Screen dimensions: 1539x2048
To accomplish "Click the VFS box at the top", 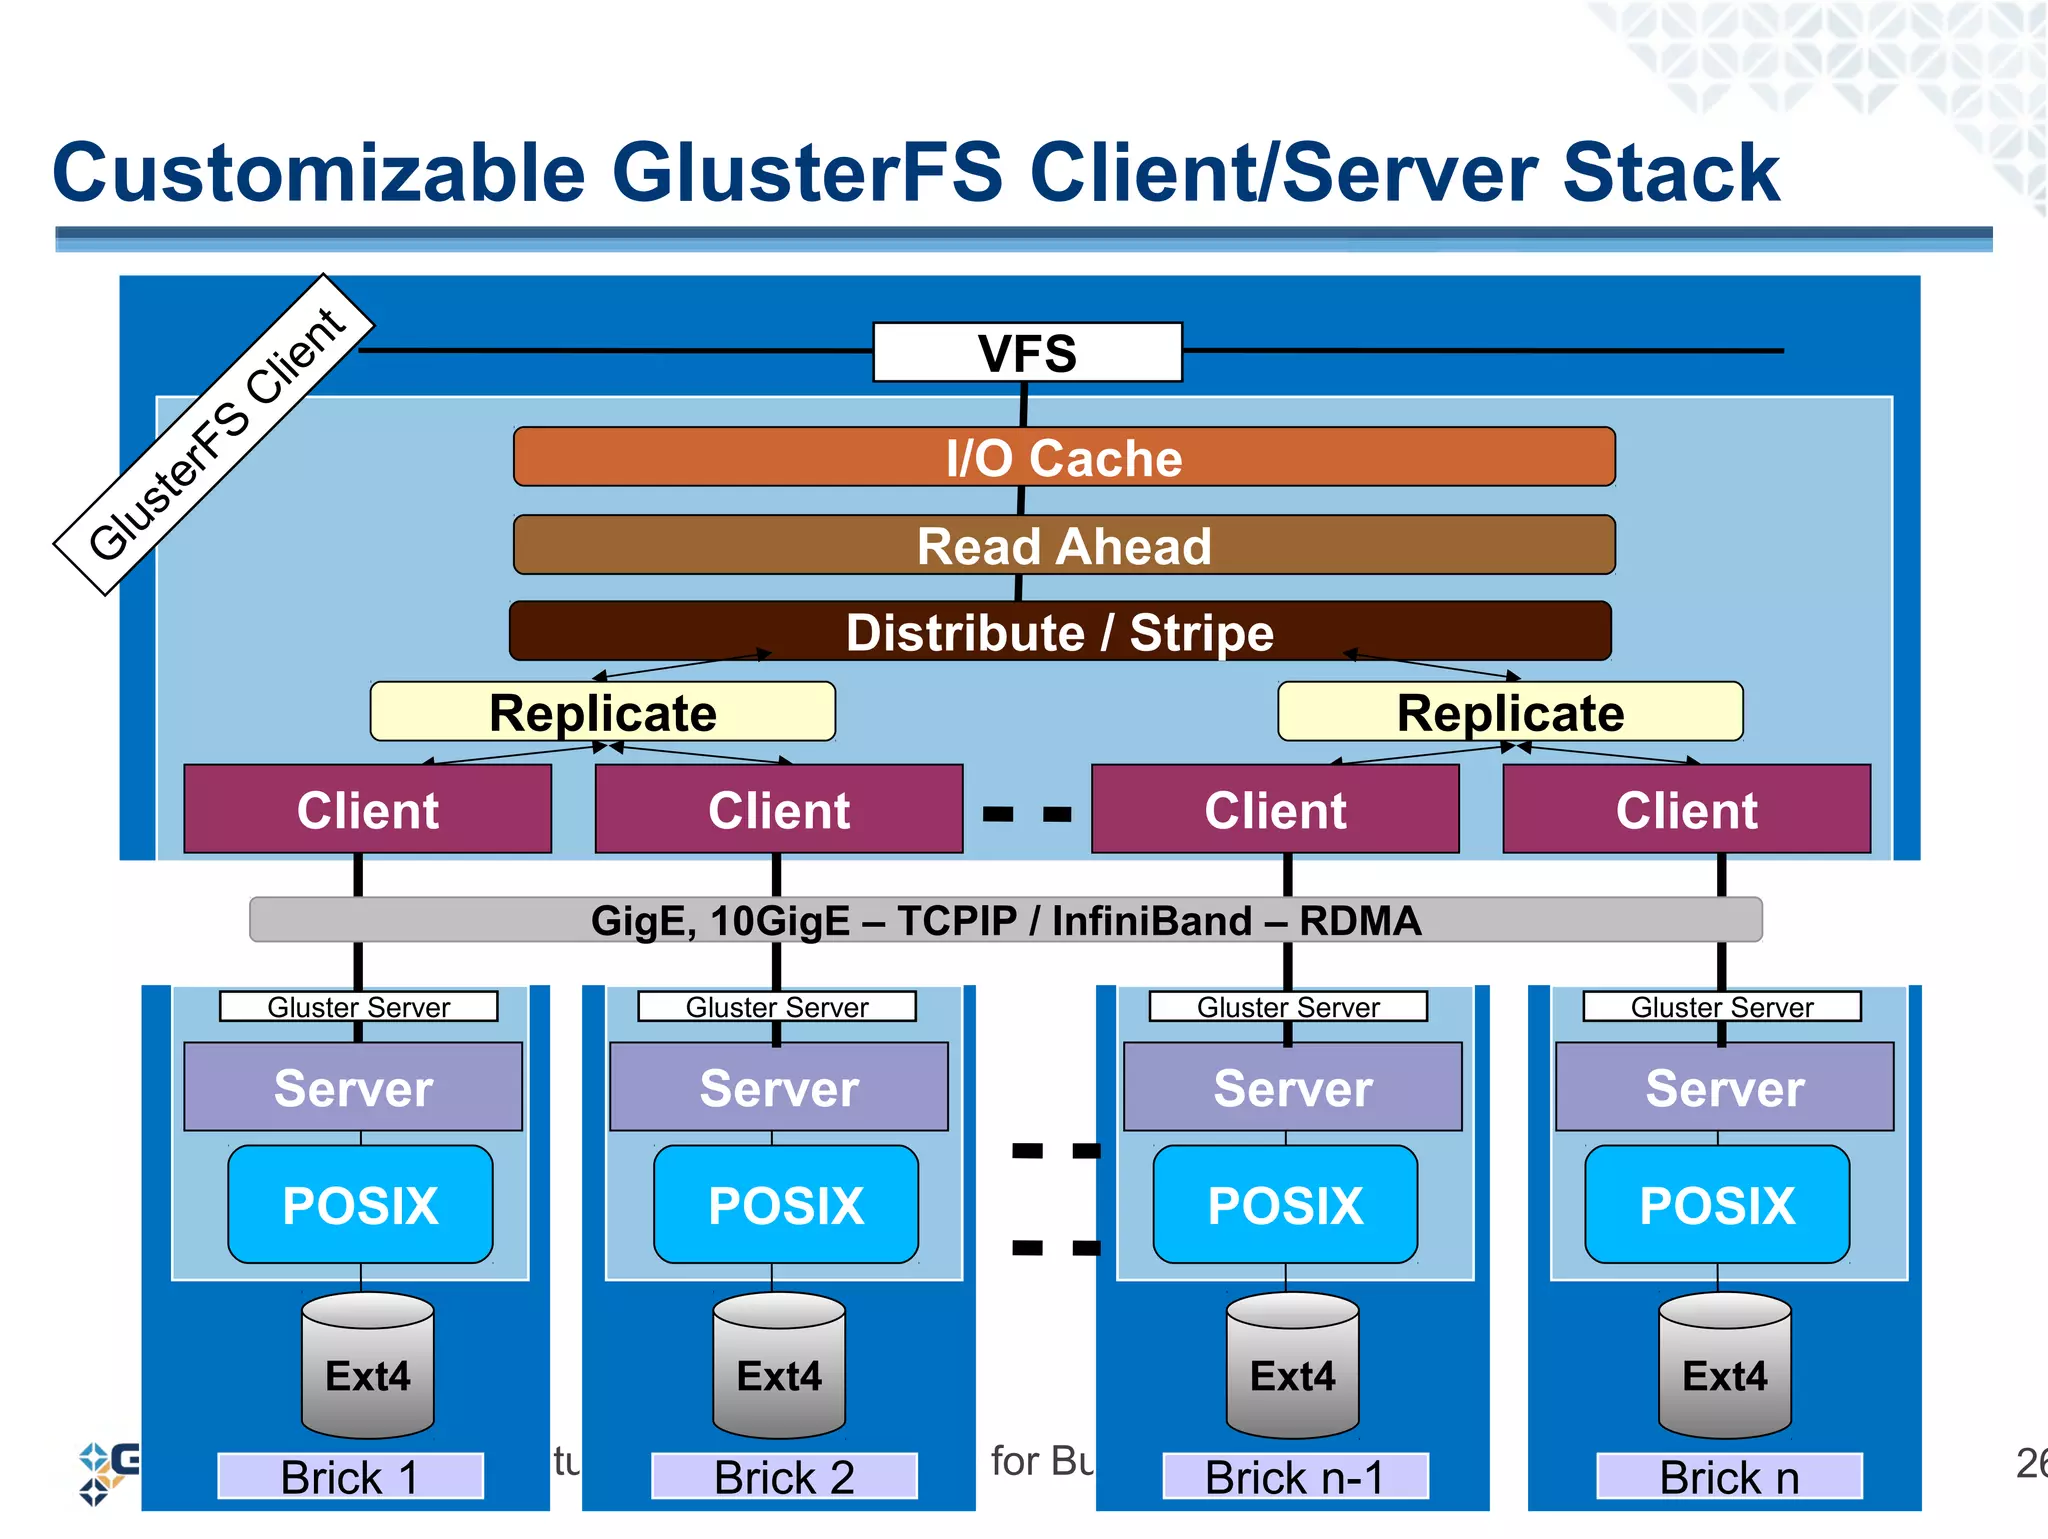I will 1027,352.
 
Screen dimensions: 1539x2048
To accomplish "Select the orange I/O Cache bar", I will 1063,457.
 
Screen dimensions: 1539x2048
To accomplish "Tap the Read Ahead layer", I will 1063,545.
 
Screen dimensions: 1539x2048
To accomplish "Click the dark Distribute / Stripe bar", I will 1060,632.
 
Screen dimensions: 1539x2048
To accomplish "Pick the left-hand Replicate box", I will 602,712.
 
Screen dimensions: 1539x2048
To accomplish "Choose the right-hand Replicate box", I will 1510,712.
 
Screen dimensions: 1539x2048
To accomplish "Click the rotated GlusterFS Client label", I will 214,435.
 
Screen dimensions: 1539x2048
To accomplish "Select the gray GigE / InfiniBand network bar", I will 1005,920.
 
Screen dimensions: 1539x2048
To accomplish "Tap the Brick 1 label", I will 350,1476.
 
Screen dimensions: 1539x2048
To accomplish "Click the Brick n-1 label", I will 1294,1476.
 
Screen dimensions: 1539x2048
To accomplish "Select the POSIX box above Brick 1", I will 360,1204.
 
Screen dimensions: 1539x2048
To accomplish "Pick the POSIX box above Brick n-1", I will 1285,1204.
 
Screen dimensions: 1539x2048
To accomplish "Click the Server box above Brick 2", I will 779,1087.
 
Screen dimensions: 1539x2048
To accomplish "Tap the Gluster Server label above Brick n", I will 1722,1006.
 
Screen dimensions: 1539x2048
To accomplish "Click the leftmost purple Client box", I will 367,809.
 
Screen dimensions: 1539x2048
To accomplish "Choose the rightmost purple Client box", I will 1686,809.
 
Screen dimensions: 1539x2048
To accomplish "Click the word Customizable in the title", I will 318,172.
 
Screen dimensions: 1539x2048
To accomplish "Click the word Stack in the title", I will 1670,172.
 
